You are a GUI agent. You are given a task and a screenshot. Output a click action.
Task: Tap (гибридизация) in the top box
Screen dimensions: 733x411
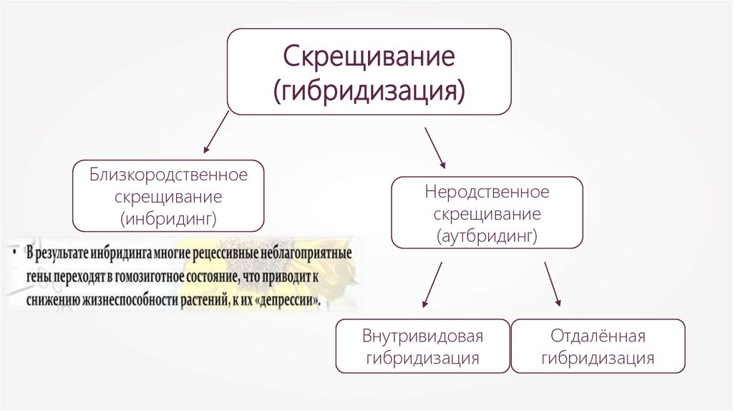369,91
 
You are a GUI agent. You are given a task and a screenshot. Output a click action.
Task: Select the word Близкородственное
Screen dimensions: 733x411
169,175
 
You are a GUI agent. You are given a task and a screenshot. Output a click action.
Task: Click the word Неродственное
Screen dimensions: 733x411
487,193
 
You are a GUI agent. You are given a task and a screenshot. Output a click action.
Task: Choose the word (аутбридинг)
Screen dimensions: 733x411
487,234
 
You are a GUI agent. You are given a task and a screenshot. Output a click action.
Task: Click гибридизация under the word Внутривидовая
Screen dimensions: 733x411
422,358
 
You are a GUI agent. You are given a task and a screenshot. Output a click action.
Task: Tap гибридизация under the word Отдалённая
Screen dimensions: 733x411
598,358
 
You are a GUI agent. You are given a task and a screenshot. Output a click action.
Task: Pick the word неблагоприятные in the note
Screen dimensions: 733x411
306,254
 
